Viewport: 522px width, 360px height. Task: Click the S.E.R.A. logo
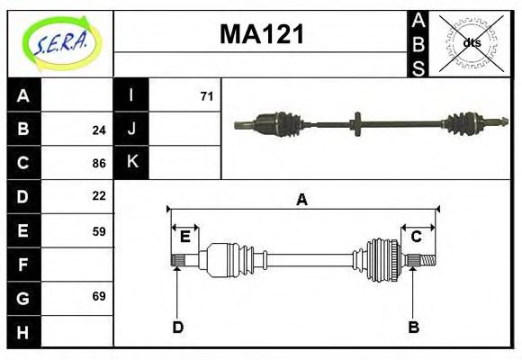59,42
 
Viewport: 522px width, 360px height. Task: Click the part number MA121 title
262,35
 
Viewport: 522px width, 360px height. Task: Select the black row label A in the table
23,95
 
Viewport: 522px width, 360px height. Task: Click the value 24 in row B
99,130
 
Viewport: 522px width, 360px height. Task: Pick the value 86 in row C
99,164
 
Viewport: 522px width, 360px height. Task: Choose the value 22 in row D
99,195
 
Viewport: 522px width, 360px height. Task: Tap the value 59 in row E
99,230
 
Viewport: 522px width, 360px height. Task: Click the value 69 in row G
99,296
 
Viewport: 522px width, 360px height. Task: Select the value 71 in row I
206,95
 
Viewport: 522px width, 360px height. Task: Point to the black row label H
23,332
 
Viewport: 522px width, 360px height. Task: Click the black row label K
131,162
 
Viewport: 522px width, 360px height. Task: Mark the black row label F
23,265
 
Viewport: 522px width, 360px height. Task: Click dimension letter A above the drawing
301,200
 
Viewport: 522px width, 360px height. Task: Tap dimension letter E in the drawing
184,237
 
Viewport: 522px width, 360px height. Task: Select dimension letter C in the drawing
416,237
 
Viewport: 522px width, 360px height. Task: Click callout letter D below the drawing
177,327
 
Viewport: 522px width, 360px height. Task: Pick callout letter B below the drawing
413,327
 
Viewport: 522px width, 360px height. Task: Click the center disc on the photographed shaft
357,123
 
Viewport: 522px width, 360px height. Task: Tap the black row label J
131,129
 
